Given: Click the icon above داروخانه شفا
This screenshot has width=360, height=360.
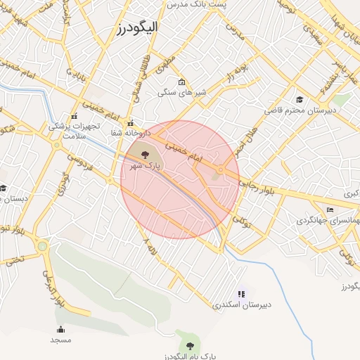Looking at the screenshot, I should click(129, 123).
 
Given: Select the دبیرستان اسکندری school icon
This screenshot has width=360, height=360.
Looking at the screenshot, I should click(242, 294).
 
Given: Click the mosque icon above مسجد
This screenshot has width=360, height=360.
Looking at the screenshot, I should click(60, 329).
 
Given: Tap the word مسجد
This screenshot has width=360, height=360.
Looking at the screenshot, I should click(60, 340).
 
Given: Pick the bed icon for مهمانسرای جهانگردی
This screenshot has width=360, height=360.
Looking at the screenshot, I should click(330, 210).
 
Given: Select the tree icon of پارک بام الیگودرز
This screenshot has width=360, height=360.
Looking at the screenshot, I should click(188, 344).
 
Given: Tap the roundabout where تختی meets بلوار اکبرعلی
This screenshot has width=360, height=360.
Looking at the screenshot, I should click(42, 246).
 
